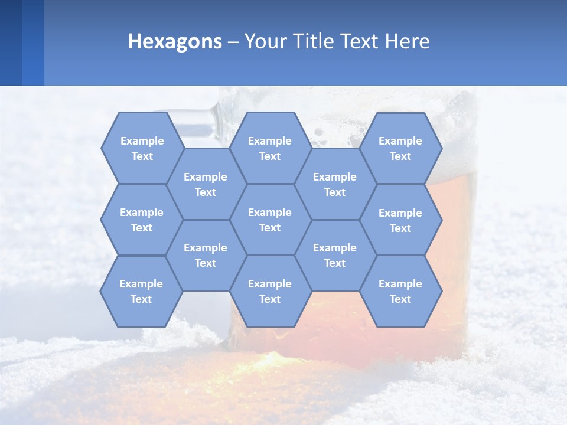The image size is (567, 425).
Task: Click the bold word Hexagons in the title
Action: pos(175,41)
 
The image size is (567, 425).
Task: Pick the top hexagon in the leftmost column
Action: pos(142,148)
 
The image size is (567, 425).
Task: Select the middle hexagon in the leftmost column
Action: pos(142,220)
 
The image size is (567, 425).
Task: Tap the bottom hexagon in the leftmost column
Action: pos(141,291)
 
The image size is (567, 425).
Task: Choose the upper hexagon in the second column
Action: pos(206,184)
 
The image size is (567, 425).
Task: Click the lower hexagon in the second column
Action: pos(206,255)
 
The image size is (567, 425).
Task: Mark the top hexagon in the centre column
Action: pos(270,148)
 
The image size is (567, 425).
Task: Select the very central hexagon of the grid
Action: pos(270,220)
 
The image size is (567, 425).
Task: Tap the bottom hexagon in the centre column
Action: pos(270,291)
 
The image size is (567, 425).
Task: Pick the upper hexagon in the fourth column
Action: pos(335,184)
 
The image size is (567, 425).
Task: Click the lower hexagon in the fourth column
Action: pos(335,255)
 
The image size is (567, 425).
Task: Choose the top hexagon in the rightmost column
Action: pos(400,148)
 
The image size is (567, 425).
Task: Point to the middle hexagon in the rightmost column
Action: pos(400,220)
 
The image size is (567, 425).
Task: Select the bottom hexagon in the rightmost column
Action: pos(400,291)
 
